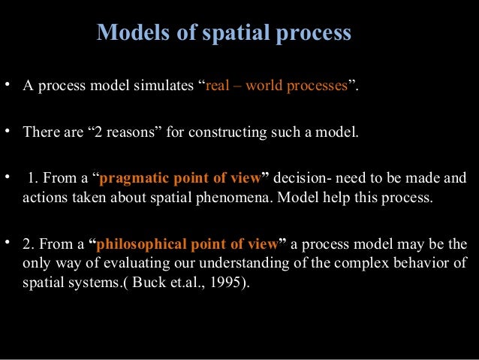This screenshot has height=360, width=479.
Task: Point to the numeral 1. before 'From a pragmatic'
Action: click(32, 178)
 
